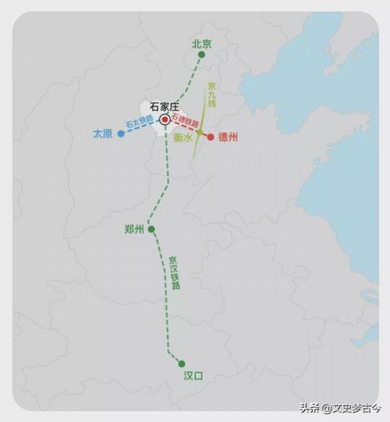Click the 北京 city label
(x=201, y=44)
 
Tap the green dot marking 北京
(x=201, y=55)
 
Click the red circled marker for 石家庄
(x=165, y=120)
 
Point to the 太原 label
(x=103, y=134)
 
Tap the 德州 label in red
(x=228, y=137)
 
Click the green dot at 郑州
(x=151, y=229)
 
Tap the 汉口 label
(x=193, y=375)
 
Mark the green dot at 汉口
(x=181, y=363)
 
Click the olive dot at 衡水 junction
(x=200, y=134)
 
